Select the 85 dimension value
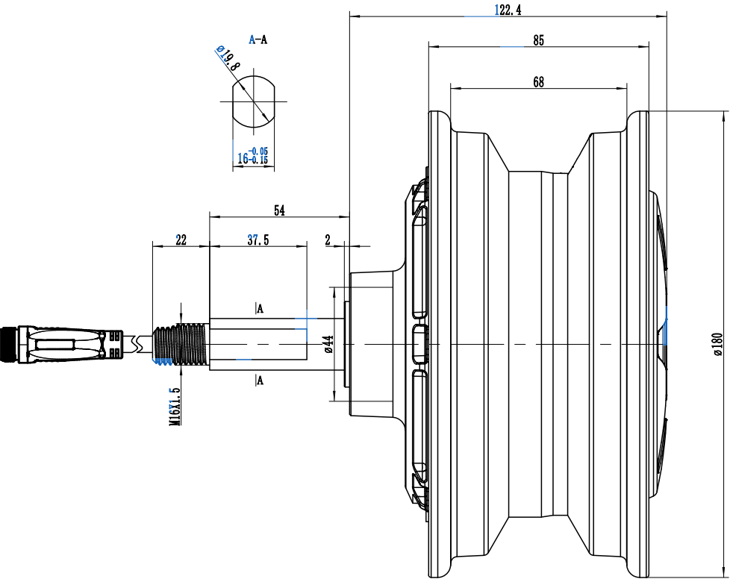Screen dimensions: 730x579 [538, 40]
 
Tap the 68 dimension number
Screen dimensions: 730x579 [538, 82]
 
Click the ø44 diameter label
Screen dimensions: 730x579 [328, 344]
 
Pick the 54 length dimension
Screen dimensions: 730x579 [279, 210]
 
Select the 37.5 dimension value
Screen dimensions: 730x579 [258, 240]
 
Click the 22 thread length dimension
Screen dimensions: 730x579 [181, 240]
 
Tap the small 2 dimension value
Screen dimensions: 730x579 [328, 240]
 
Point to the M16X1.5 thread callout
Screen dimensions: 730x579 [175, 407]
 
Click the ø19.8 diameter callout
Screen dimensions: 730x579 [228, 57]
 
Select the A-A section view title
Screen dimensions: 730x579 [258, 40]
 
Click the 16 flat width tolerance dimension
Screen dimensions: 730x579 [253, 155]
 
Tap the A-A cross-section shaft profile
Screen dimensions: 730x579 [254, 101]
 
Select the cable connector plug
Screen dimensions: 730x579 [61, 345]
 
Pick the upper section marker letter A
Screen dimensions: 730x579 [261, 309]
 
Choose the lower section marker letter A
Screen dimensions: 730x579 [261, 381]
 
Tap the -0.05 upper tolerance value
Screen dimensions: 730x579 [258, 151]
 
